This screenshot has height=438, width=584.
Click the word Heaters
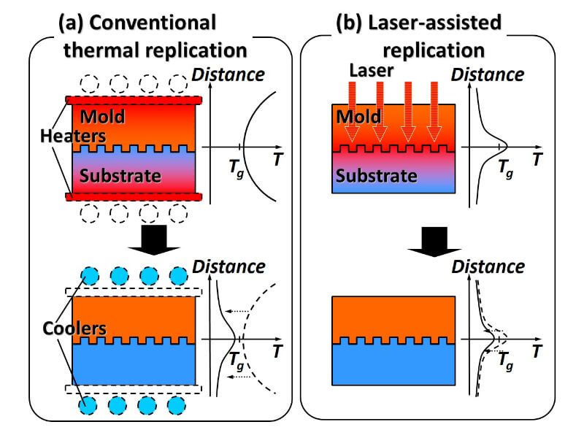click(x=72, y=136)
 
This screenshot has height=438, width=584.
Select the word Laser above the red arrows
click(x=372, y=72)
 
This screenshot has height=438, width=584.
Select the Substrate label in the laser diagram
click(x=376, y=176)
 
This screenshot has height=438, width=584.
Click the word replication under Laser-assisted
click(x=433, y=50)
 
